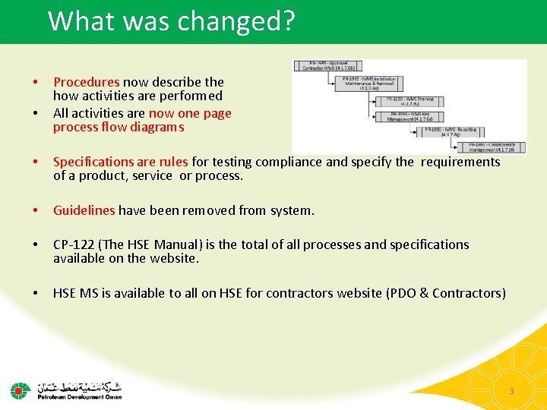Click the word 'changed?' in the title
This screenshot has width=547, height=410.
click(x=236, y=21)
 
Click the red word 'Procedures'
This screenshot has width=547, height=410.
click(x=87, y=81)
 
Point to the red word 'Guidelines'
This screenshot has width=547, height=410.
click(x=84, y=210)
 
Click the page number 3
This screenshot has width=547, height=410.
click(x=511, y=391)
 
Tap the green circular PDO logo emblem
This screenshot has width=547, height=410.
click(x=21, y=390)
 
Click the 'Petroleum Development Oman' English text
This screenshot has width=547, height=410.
click(x=80, y=396)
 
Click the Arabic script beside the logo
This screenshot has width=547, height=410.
click(x=80, y=385)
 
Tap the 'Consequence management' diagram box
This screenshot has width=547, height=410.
click(x=492, y=147)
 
